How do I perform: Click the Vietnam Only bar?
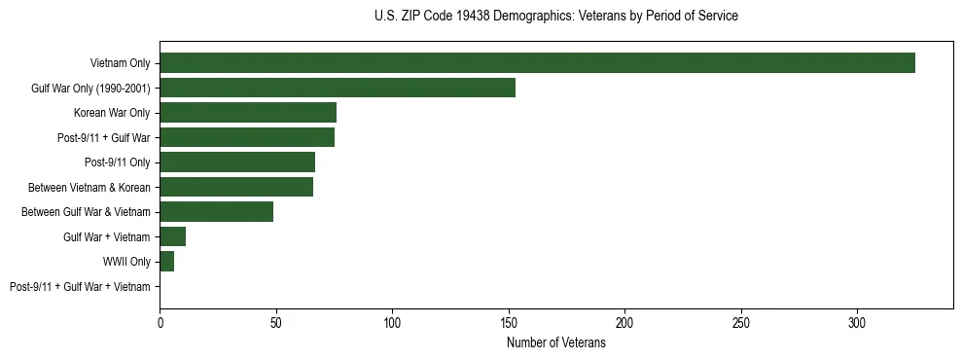(x=537, y=63)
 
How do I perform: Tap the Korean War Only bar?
(x=248, y=113)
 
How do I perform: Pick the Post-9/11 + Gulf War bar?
(x=247, y=137)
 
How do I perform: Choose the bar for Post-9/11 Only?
(x=237, y=162)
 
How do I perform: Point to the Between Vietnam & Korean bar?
(x=236, y=187)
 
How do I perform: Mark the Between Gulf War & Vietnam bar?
(x=216, y=212)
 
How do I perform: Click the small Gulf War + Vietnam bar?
(x=172, y=236)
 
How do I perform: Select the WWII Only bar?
(x=166, y=262)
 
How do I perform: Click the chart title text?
(x=555, y=17)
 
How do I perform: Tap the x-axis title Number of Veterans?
(x=555, y=343)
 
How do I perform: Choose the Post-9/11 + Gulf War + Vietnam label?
(x=80, y=287)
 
